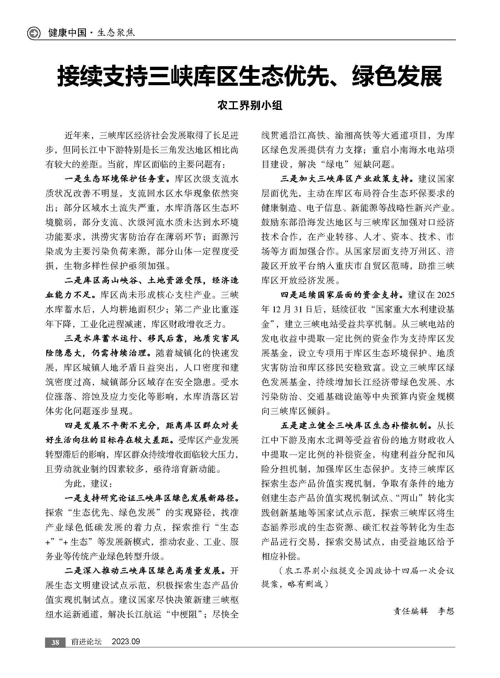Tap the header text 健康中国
click(x=67, y=33)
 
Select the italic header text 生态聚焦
click(x=116, y=33)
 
